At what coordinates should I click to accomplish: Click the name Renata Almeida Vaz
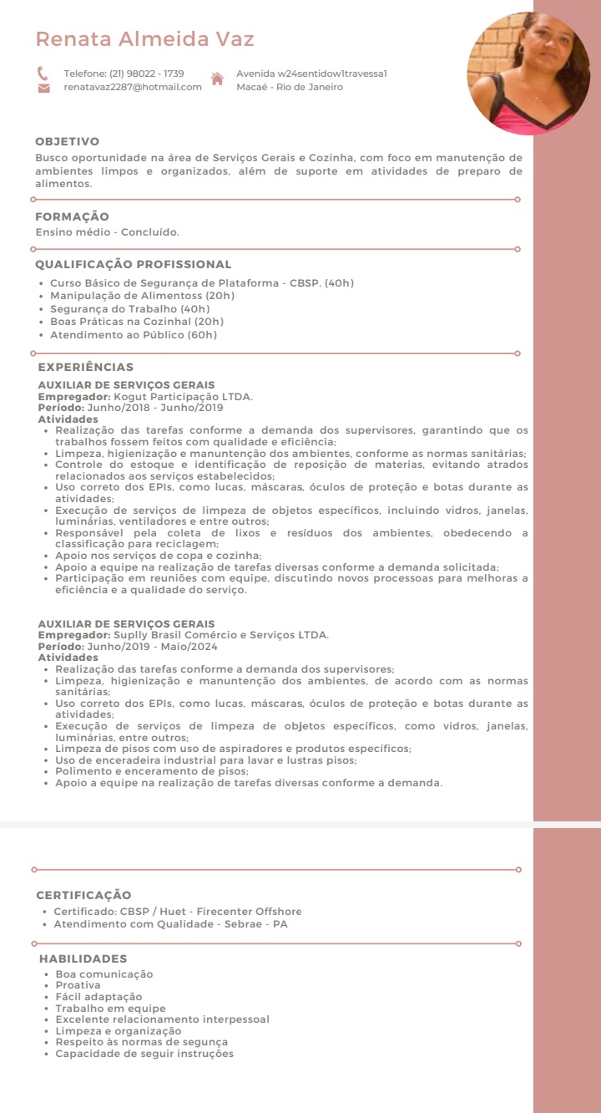(x=144, y=39)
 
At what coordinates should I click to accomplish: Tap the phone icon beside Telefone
(x=43, y=74)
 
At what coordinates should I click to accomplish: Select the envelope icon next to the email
(x=43, y=88)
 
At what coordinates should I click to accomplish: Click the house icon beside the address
(x=217, y=79)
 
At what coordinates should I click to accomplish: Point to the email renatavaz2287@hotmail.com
(x=133, y=87)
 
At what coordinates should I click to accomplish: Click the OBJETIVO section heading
(x=67, y=142)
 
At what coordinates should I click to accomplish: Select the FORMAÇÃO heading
(x=72, y=217)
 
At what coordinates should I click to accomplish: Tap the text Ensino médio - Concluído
(x=107, y=231)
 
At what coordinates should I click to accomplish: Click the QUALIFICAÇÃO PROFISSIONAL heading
(x=133, y=265)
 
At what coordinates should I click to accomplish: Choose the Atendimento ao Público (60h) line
(x=134, y=335)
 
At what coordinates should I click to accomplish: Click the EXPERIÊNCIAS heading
(x=85, y=367)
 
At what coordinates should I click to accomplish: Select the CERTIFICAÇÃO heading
(x=83, y=895)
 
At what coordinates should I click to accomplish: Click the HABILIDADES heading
(x=83, y=959)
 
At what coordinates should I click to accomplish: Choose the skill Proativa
(x=78, y=985)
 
